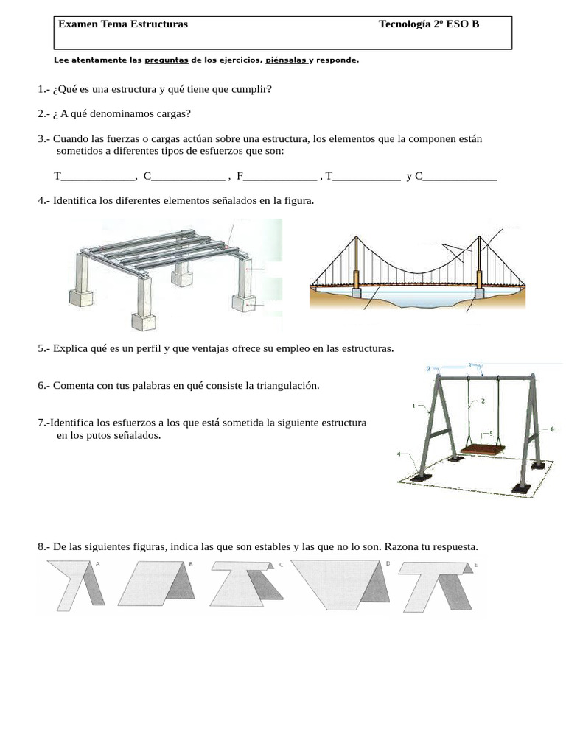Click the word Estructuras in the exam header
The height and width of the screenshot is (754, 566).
click(x=158, y=24)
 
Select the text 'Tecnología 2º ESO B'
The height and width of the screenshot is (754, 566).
click(x=428, y=24)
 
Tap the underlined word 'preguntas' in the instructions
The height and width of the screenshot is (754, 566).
click(x=167, y=60)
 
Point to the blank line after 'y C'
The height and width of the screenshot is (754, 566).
click(x=459, y=176)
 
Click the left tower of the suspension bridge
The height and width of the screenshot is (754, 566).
click(x=356, y=265)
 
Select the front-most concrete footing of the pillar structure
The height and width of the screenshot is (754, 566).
click(x=144, y=321)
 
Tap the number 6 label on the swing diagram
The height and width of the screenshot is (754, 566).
click(x=551, y=428)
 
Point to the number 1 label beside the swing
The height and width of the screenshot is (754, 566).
click(x=414, y=405)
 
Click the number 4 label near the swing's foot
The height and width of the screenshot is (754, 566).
click(x=399, y=454)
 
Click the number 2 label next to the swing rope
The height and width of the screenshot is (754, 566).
click(x=483, y=401)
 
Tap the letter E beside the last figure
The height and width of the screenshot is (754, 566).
click(x=475, y=564)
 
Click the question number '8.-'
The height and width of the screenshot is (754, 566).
click(x=43, y=546)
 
